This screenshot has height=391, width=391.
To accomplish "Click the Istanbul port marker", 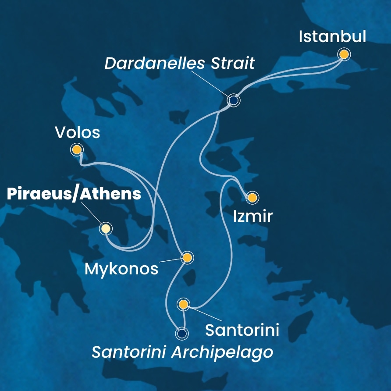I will (x=344, y=54).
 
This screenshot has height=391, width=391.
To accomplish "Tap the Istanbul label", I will (x=332, y=36).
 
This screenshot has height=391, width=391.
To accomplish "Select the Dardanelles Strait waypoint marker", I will (x=233, y=100).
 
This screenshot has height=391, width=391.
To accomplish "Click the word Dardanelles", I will (x=154, y=63).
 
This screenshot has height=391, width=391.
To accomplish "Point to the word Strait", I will (x=233, y=63).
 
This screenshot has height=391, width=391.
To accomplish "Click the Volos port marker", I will (x=77, y=150).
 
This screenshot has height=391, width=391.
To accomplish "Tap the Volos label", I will (x=78, y=132).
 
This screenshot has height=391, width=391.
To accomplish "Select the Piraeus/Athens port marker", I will (x=105, y=228).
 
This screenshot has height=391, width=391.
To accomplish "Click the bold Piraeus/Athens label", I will (x=74, y=194).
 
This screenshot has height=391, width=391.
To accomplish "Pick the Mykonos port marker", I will (x=187, y=258).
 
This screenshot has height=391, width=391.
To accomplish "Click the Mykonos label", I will (x=121, y=269).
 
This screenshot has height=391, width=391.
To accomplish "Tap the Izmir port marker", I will (x=252, y=198).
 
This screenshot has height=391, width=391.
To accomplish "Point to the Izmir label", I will (x=253, y=216).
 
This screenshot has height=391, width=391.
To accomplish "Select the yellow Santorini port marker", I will (x=183, y=304).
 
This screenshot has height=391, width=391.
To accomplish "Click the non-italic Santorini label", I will (x=242, y=330).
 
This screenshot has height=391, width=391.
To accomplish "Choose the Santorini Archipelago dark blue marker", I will (x=181, y=334).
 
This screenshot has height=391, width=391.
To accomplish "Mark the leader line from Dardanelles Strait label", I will (x=210, y=83).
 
